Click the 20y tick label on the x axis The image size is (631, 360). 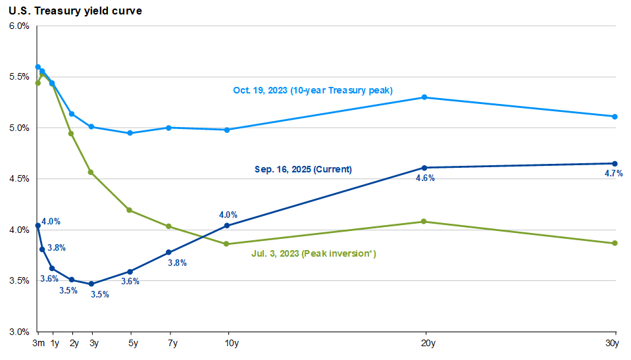point(424,344)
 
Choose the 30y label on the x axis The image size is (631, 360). point(613,344)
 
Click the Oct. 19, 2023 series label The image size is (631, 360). point(313,90)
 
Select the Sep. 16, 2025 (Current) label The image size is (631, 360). point(303,169)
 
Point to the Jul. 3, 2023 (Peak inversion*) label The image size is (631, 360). point(315,253)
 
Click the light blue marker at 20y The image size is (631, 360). point(424,97)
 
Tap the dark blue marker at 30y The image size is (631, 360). point(615,163)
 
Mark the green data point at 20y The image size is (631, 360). point(424,222)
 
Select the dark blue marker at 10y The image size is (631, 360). point(228,226)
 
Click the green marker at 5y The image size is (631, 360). point(130,210)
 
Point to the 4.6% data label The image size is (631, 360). point(425,178)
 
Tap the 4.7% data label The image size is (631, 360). point(613,174)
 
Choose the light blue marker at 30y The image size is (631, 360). point(615,116)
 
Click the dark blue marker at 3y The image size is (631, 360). point(91,284)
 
